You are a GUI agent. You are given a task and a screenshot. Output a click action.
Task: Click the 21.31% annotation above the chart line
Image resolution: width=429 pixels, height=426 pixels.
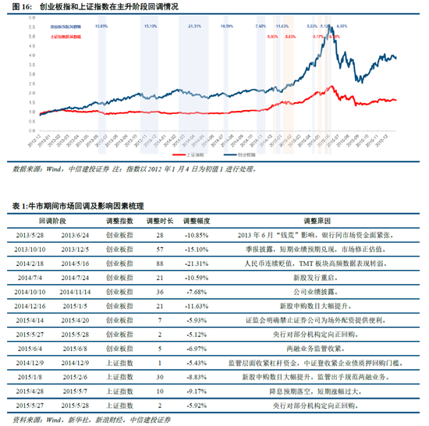(x=194, y=26)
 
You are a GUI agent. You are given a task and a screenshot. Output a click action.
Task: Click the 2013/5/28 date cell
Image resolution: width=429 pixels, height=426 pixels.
(x=28, y=236)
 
